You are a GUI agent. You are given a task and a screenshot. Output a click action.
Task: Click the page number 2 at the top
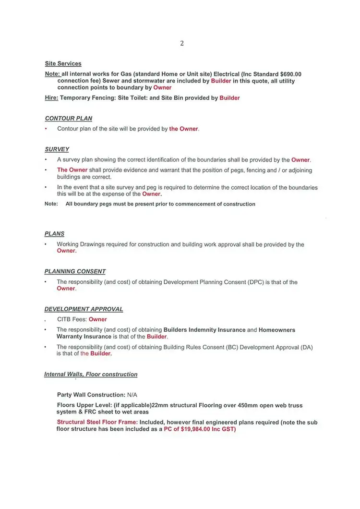182,43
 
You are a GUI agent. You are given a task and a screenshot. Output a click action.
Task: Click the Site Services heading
63,63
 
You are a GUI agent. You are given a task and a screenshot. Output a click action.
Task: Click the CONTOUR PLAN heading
68,118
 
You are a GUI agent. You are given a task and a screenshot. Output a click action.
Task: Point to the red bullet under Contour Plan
46,129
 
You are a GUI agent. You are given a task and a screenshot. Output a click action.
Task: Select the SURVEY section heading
57,149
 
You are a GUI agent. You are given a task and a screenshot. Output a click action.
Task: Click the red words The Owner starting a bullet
72,170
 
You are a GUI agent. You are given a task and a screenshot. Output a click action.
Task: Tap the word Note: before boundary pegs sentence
51,204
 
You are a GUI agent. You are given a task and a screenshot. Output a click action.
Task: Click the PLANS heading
54,234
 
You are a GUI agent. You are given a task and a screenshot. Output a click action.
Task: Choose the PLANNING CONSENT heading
75,271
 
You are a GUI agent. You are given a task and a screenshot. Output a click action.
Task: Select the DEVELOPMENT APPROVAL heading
84,309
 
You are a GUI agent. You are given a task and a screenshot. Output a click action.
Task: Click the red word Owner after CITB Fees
98,319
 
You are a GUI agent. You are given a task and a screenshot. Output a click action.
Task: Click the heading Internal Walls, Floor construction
91,375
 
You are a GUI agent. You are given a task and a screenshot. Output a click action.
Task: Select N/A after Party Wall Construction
132,395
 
